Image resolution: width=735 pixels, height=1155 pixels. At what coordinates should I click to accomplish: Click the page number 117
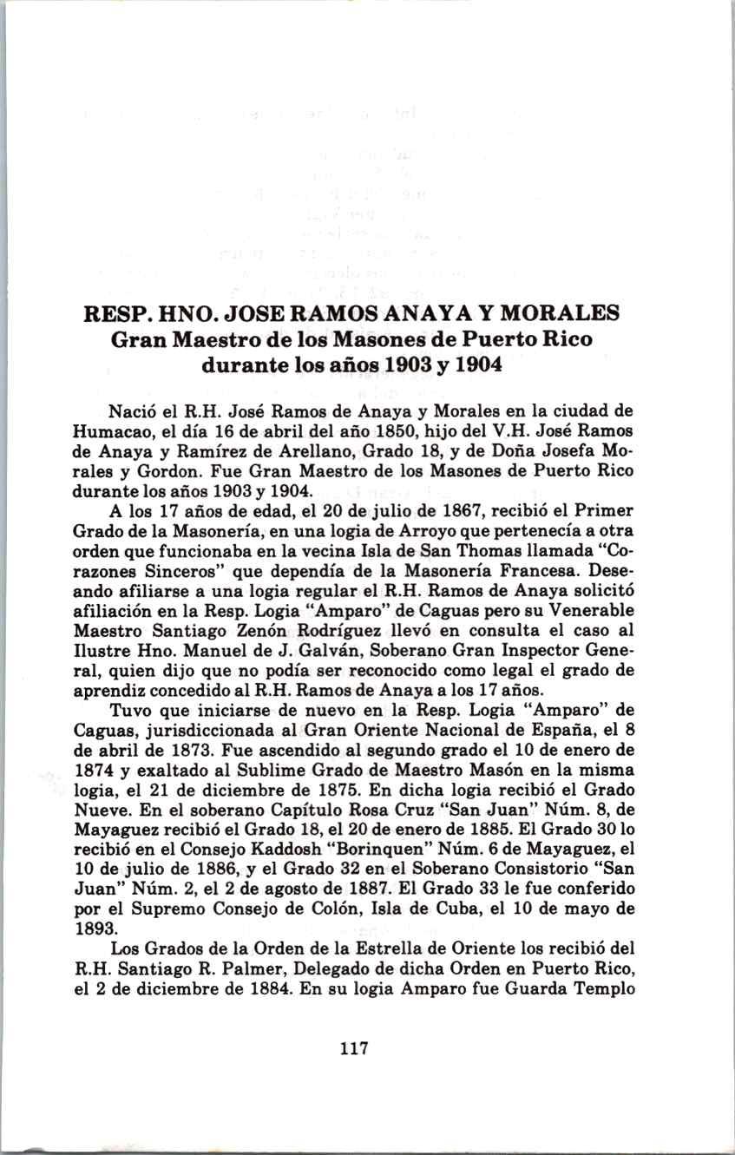(355, 1048)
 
